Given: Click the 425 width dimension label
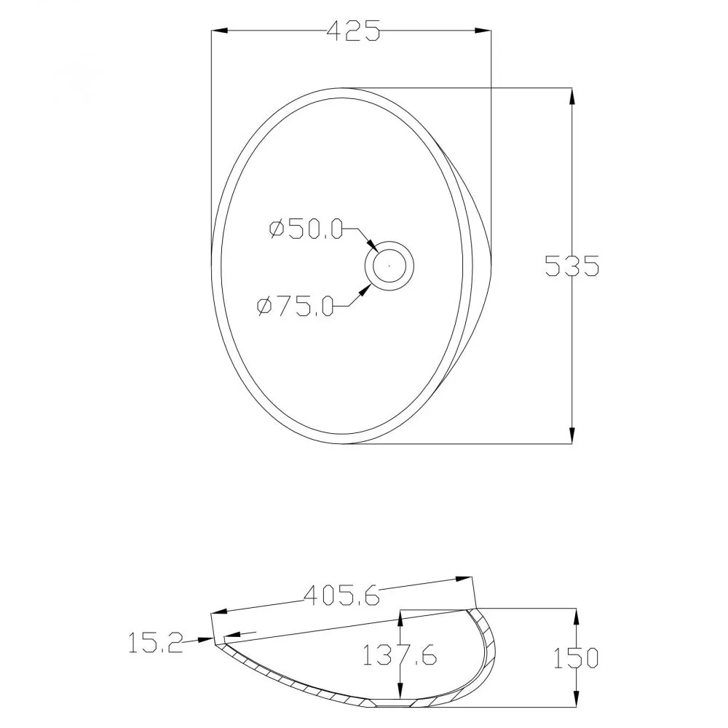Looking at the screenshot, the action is [x=354, y=31].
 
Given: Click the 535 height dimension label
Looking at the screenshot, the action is [x=572, y=266].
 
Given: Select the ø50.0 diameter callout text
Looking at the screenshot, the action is [x=306, y=229].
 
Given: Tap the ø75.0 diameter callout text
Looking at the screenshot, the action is [x=296, y=306].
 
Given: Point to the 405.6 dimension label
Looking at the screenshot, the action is [x=341, y=596].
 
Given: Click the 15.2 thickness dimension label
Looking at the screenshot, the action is [x=156, y=643].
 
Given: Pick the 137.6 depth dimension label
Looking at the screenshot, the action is [x=399, y=655].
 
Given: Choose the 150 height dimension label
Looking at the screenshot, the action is [x=576, y=658].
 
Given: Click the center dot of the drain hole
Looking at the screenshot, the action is [x=389, y=266].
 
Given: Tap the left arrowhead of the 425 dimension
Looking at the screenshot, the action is [x=219, y=31].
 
